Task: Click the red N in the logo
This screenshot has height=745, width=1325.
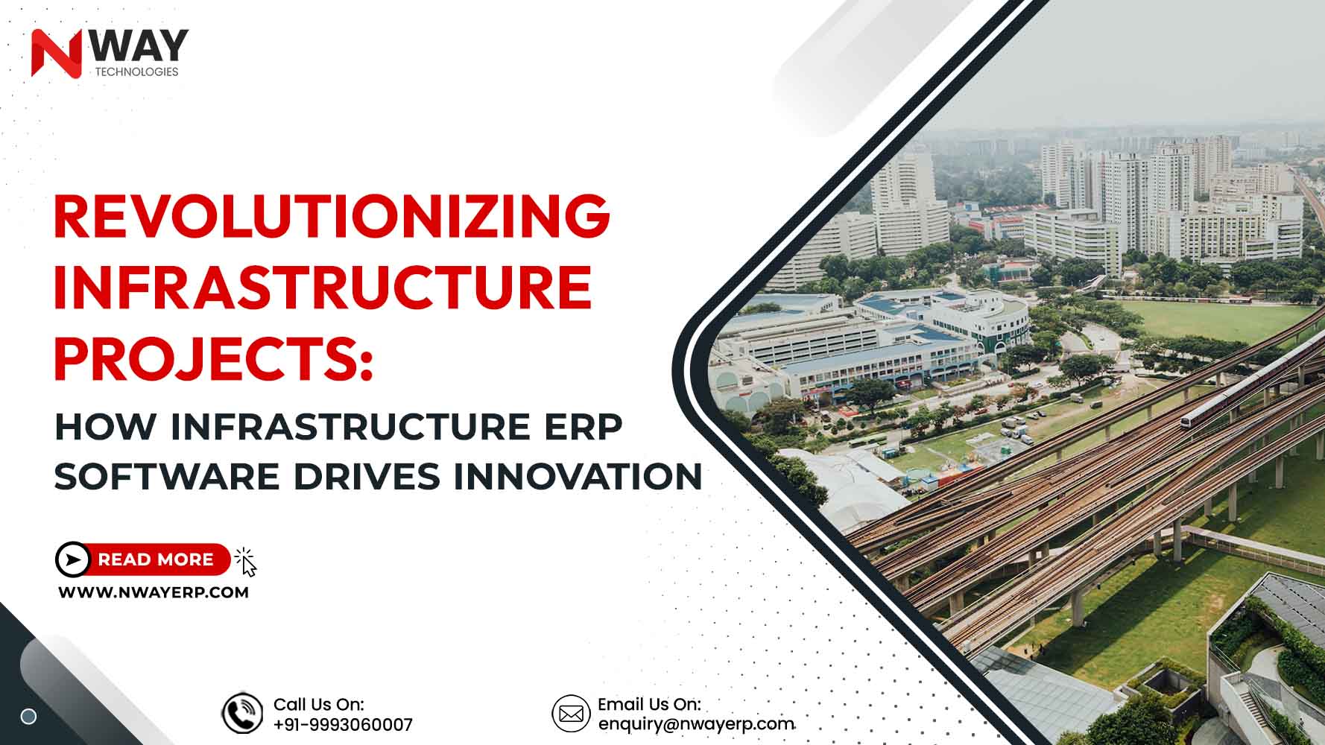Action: pyautogui.click(x=57, y=53)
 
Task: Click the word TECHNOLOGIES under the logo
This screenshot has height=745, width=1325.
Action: pyautogui.click(x=136, y=72)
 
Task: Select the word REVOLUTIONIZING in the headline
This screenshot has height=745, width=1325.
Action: pyautogui.click(x=332, y=216)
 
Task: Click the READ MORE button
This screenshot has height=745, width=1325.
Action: pyautogui.click(x=142, y=559)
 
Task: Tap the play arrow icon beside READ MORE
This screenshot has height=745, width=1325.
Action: pyautogui.click(x=73, y=559)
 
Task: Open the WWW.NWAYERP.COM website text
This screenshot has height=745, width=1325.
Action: pyautogui.click(x=154, y=593)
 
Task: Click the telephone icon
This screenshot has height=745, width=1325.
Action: pyautogui.click(x=242, y=713)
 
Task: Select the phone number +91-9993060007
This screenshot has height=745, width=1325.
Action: pyautogui.click(x=343, y=725)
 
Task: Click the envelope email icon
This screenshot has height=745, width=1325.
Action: pyautogui.click(x=571, y=713)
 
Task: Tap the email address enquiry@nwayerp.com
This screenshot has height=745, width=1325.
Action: pyautogui.click(x=696, y=724)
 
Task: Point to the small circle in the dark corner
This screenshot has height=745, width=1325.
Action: pyautogui.click(x=28, y=717)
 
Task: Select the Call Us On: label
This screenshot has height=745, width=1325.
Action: pyautogui.click(x=319, y=704)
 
